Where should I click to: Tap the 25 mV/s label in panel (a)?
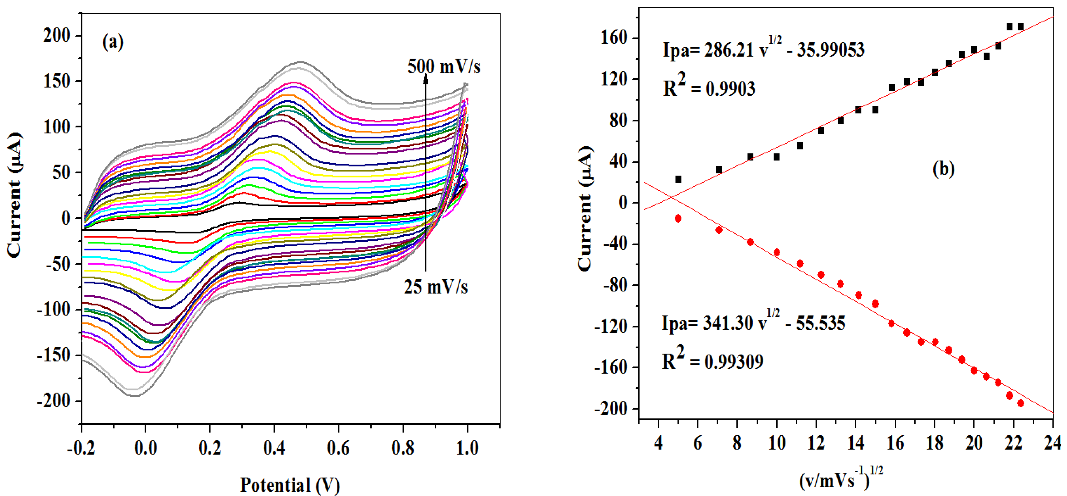tap(436, 287)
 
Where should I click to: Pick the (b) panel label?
tap(943, 169)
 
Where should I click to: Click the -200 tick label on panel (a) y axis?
tap(53, 401)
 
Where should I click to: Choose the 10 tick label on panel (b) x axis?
tap(777, 443)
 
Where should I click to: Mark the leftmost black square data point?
tap(678, 179)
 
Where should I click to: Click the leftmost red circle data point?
tap(678, 219)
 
